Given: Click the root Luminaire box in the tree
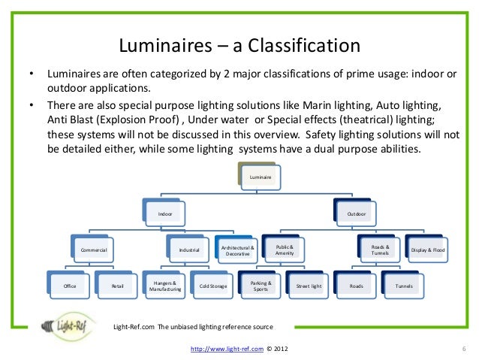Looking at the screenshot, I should pyautogui.click(x=260, y=177).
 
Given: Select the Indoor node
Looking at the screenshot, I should pyautogui.click(x=164, y=214).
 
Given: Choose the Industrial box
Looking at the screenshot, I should pyautogui.click(x=189, y=250).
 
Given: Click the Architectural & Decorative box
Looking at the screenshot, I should pyautogui.click(x=236, y=250).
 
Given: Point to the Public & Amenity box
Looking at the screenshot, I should pyautogui.click(x=284, y=250).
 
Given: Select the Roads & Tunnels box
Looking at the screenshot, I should pyautogui.click(x=380, y=250).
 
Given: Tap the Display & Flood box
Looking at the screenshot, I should pyautogui.click(x=428, y=250).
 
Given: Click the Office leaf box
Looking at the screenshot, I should pyautogui.click(x=70, y=286).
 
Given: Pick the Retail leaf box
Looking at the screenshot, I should pyautogui.click(x=117, y=286).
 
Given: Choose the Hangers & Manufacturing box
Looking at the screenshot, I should pyautogui.click(x=165, y=286).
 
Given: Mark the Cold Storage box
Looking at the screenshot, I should pyautogui.click(x=213, y=286).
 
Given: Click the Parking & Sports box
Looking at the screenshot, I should pyautogui.click(x=261, y=286).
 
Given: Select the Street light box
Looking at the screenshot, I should pyautogui.click(x=309, y=286).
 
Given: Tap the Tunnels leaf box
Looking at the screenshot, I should pyautogui.click(x=404, y=286).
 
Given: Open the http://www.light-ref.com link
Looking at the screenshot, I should pyautogui.click(x=226, y=349).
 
